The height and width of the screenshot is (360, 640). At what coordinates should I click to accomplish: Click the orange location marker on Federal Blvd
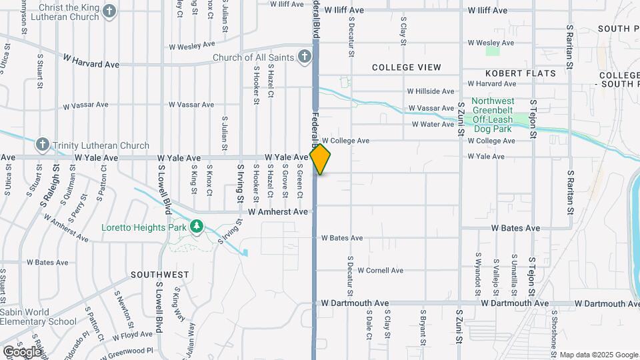point(321,159)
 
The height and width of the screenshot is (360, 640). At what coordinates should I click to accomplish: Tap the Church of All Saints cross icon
point(304,57)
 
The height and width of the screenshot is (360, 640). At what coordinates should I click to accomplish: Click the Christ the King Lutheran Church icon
point(110,11)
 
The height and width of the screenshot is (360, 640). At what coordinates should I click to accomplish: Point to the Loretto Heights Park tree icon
point(196,227)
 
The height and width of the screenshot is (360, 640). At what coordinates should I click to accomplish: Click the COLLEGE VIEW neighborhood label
point(406,67)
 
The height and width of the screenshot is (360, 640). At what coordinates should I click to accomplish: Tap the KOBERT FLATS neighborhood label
point(521,73)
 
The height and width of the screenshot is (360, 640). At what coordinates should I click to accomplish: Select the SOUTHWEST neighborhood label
point(159,275)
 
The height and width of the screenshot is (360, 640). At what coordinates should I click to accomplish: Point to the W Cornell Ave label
point(380,271)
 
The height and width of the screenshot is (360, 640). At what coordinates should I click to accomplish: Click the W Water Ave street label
point(433,124)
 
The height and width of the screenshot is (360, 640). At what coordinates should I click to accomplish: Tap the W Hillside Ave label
point(431,91)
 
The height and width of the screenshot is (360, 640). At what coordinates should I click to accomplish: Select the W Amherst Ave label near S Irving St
point(278,211)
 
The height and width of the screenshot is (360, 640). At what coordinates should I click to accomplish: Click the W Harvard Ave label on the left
point(91,63)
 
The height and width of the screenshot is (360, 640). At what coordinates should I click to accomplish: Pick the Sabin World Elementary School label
point(38,316)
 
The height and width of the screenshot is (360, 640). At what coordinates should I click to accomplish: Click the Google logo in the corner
point(21,351)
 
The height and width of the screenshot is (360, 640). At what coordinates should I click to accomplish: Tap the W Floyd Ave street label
point(133,335)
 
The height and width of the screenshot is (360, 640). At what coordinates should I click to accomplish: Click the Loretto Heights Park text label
point(143,227)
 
